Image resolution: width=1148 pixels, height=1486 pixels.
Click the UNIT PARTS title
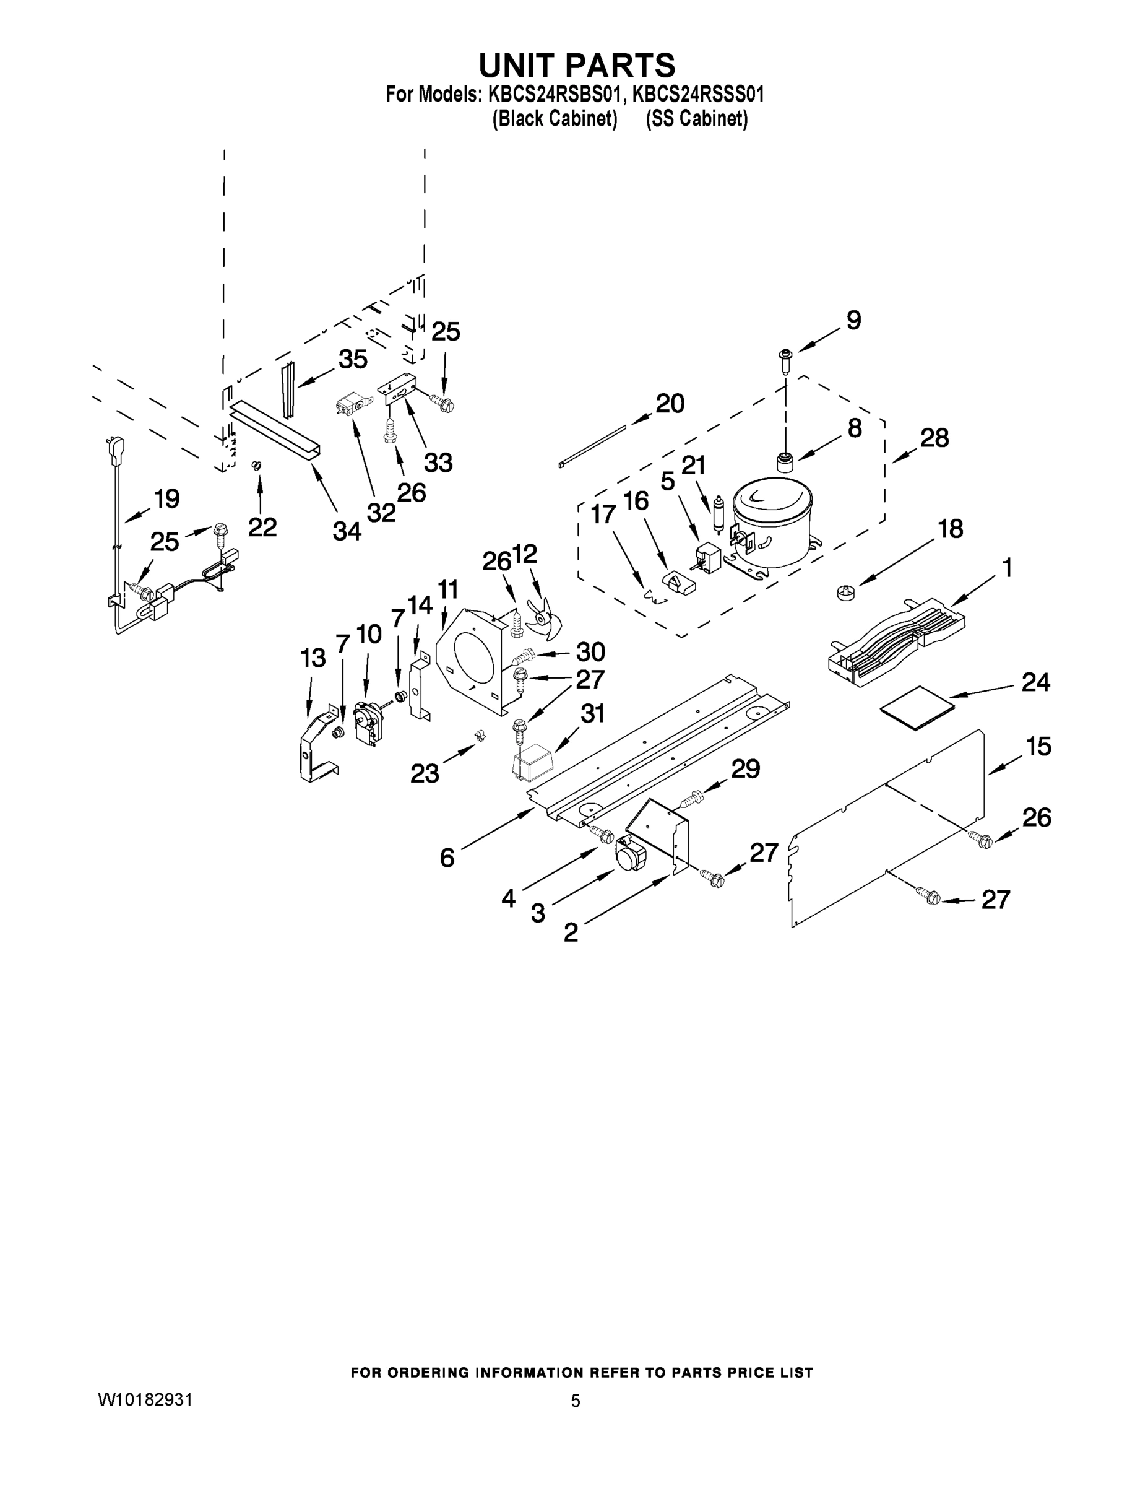pos(577,65)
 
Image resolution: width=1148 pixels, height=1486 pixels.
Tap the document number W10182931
pos(145,1399)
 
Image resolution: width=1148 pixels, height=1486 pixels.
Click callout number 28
pos(934,438)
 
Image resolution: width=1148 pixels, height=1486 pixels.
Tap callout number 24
pos(1035,682)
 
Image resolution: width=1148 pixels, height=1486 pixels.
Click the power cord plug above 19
pos(108,450)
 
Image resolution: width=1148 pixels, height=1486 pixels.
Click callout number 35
pos(352,358)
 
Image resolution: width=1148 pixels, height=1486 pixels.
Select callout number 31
pos(592,713)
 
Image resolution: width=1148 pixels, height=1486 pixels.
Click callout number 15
pos(1038,746)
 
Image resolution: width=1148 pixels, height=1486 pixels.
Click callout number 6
pos(447,858)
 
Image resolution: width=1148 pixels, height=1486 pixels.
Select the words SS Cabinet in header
pos(696,119)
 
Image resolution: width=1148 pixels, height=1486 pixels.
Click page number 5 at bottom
pos(576,1401)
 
